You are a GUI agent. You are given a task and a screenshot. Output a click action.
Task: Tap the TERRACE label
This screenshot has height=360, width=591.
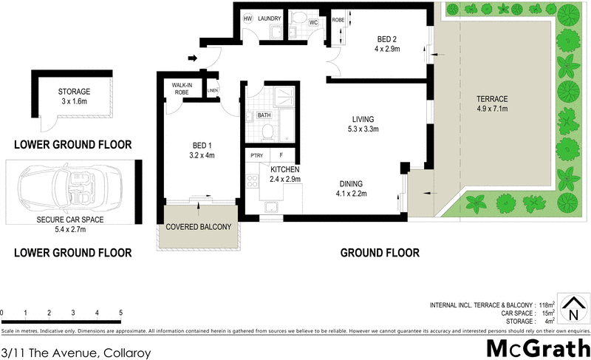point(493,103)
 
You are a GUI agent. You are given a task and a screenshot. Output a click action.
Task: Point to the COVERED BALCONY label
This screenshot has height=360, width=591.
point(197,227)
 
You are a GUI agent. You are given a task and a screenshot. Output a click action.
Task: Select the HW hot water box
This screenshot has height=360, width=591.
point(247,19)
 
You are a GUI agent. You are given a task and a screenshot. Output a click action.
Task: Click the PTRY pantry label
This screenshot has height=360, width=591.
point(257,155)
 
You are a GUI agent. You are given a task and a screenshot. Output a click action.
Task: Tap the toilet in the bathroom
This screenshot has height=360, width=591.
point(268,132)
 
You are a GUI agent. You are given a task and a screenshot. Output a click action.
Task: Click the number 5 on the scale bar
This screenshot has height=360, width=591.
point(120,313)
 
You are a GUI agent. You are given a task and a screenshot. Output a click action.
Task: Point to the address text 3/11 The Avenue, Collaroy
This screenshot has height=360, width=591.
point(75,353)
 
